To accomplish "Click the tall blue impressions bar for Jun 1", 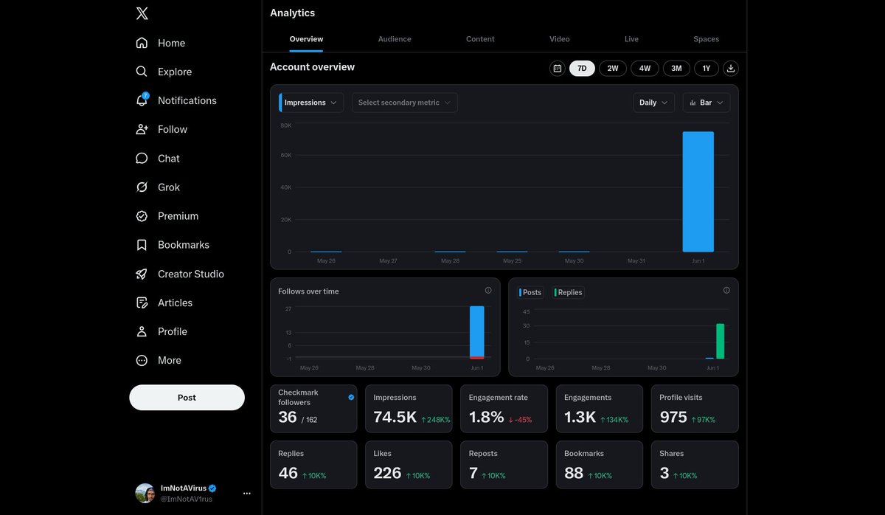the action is [698, 192].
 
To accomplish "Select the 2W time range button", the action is [612, 69].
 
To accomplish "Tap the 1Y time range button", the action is [706, 69].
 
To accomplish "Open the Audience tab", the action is [395, 38].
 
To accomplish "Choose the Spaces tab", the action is [706, 38].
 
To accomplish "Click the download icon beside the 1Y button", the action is [731, 69].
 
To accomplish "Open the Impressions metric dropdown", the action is [311, 103].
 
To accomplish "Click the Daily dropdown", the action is [653, 103].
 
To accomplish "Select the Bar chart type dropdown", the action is [706, 103].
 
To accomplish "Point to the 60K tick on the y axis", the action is [285, 155].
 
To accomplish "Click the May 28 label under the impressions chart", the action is [450, 260].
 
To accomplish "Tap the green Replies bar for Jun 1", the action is [721, 341].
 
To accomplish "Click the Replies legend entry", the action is [568, 292].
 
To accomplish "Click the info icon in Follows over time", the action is [488, 290].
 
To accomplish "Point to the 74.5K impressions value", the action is [395, 417].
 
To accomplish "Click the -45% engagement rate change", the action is [520, 420].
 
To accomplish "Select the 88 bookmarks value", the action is [573, 473].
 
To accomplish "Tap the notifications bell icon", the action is [142, 100].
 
